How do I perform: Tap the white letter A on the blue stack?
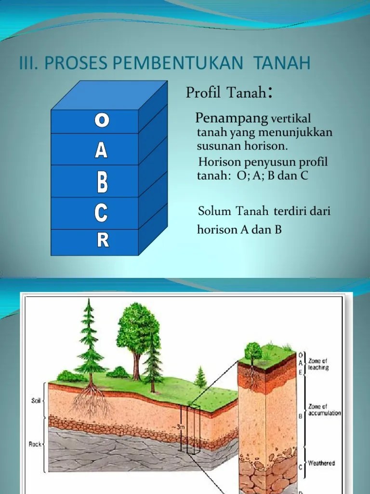101,151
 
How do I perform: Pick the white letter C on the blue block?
101,213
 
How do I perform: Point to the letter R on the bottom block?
103,239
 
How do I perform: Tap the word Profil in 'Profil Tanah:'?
202,93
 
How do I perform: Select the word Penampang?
231,118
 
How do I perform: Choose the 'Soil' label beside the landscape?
36,400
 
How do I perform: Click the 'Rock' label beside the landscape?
35,444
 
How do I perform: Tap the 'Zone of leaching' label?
319,364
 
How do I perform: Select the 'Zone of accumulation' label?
324,410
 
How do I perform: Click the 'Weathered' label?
321,463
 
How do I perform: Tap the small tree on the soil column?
252,353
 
